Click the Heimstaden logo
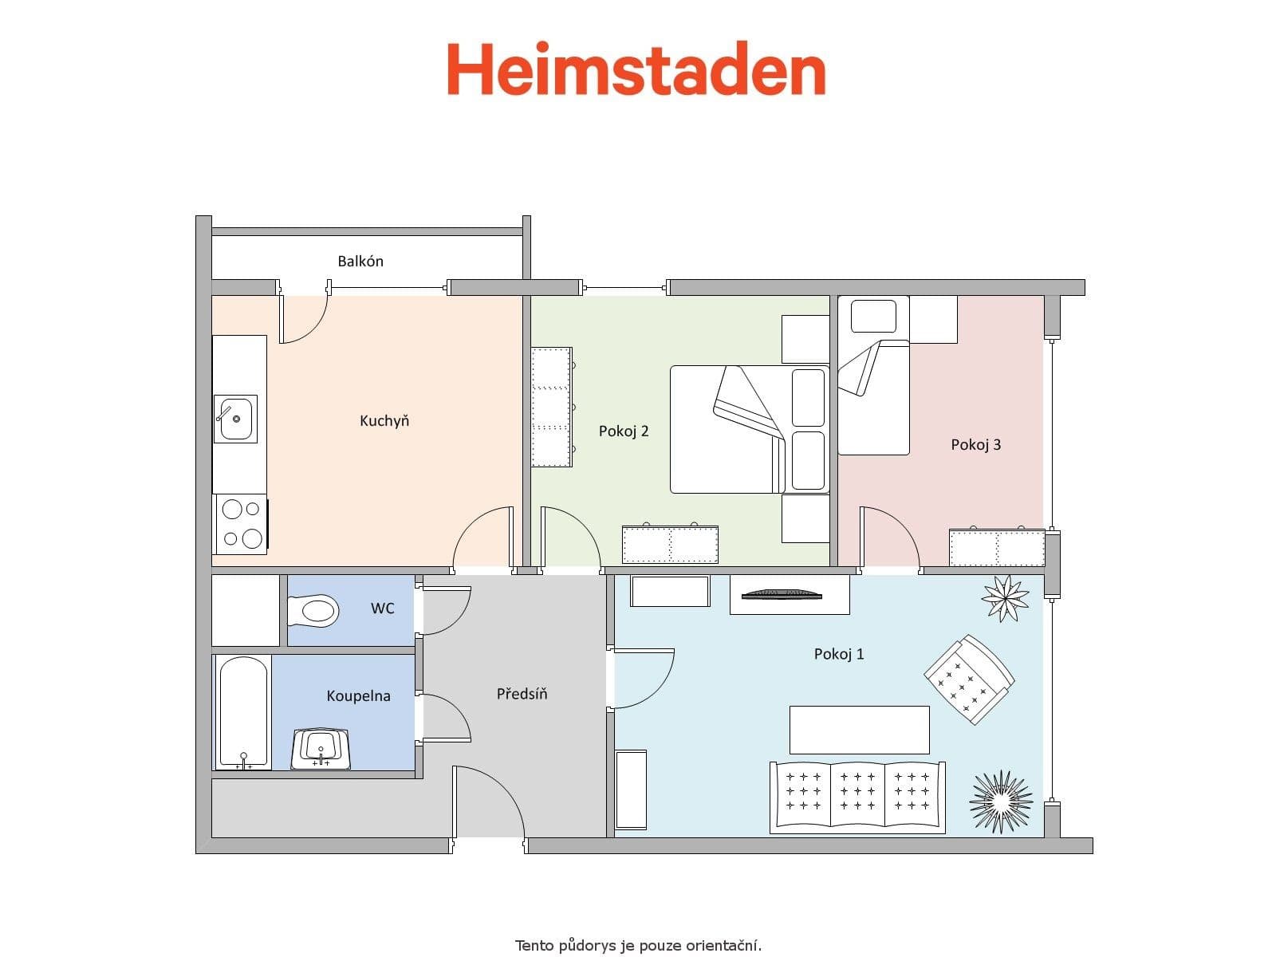pos(636,70)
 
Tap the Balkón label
pos(360,262)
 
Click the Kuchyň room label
pos(384,421)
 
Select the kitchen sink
pos(235,419)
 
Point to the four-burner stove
pos(242,524)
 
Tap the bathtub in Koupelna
pos(243,712)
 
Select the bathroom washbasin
pos(321,748)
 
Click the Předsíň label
pos(522,695)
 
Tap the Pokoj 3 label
pos(975,445)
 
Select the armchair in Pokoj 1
pos(969,679)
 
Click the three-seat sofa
pos(857,797)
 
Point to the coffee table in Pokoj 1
pos(859,730)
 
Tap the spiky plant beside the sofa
pos(1001,801)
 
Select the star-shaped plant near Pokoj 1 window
pos(1004,597)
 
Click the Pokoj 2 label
pos(624,431)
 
